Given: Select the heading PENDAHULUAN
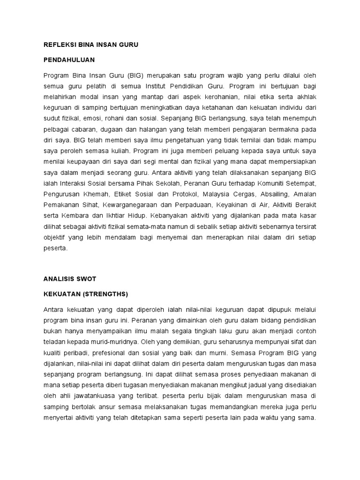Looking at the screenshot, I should [x=69, y=60].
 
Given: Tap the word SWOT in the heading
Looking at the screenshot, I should [x=86, y=278].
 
